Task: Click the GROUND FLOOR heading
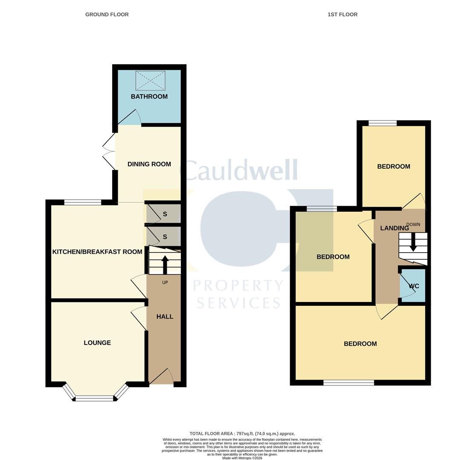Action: (x=107, y=14)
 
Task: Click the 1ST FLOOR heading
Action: (x=342, y=14)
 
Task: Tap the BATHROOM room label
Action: (x=149, y=97)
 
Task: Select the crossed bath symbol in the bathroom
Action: (x=150, y=80)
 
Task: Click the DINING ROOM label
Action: (x=149, y=164)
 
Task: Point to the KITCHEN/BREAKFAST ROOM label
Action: (x=97, y=252)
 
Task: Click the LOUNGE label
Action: (x=97, y=343)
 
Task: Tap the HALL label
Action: (x=165, y=316)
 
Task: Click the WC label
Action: (x=414, y=286)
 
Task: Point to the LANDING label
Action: (x=394, y=228)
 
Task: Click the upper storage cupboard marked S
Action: (x=165, y=214)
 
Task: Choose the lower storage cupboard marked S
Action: (x=165, y=237)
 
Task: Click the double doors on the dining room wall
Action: (x=109, y=151)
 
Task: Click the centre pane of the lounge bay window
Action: (x=95, y=399)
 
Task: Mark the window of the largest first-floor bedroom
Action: (x=348, y=383)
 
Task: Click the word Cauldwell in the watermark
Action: (x=239, y=170)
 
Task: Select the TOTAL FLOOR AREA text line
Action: (x=242, y=434)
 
